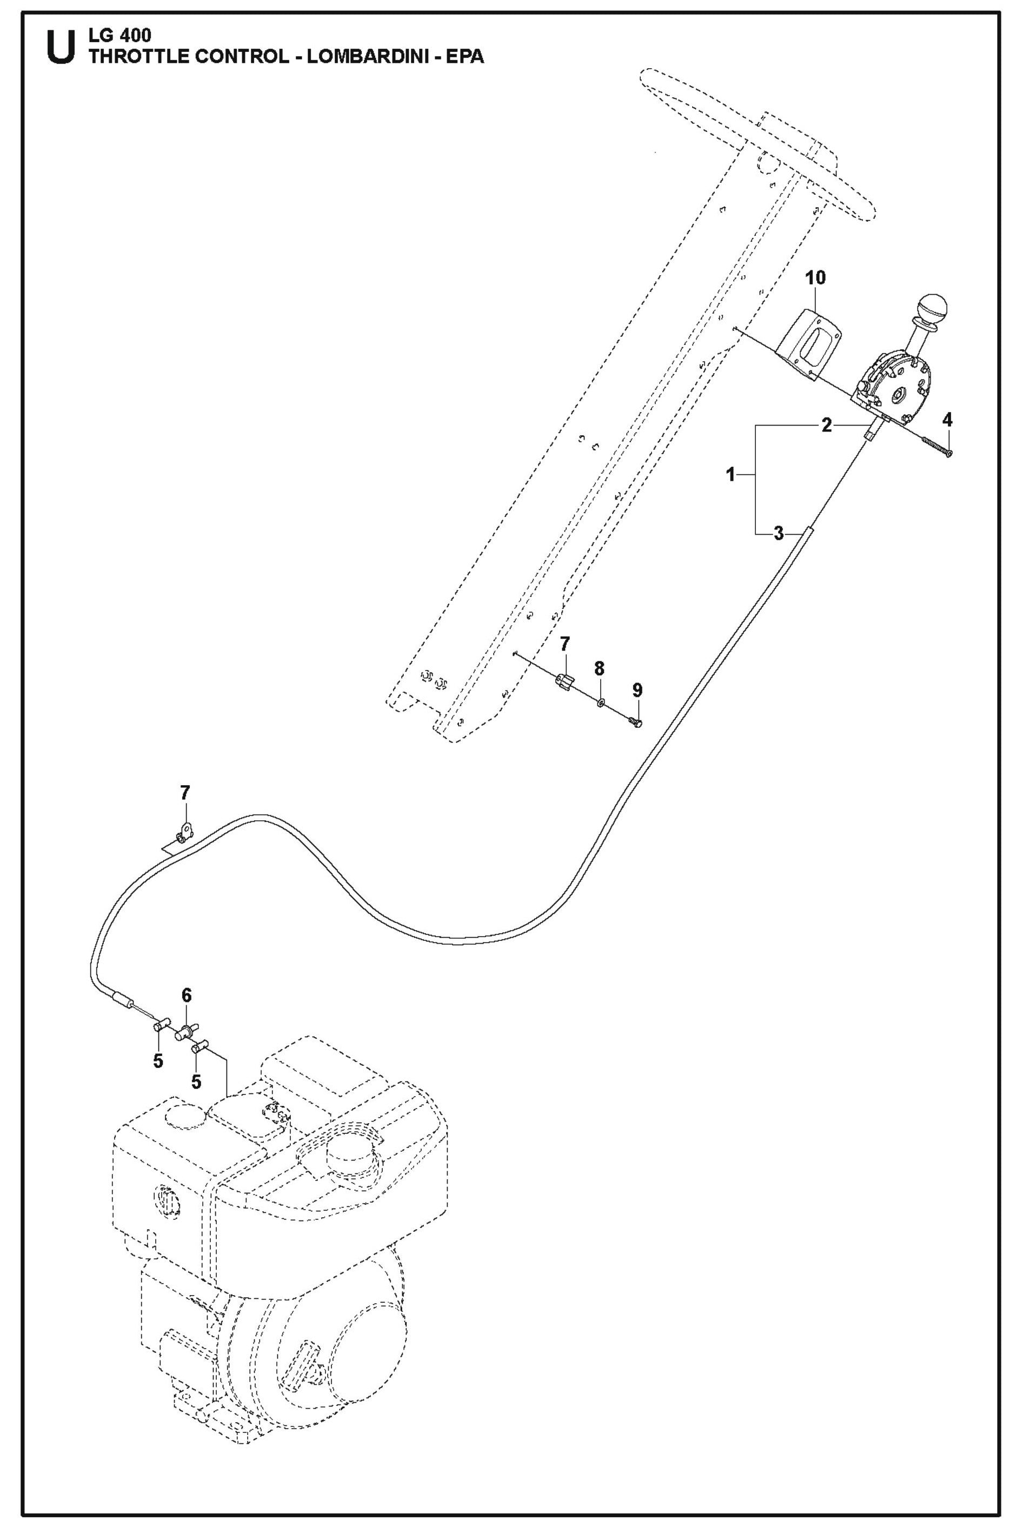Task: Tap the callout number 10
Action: tap(815, 278)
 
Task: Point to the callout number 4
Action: tap(947, 420)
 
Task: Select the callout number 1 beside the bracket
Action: tap(730, 474)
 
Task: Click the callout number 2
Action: tap(826, 426)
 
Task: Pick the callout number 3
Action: tap(778, 533)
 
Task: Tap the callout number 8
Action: tap(599, 669)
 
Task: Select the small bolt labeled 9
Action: tap(636, 723)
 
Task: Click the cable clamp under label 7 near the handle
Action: tap(564, 680)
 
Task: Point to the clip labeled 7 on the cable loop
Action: tap(184, 832)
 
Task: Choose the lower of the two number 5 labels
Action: tap(196, 1082)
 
